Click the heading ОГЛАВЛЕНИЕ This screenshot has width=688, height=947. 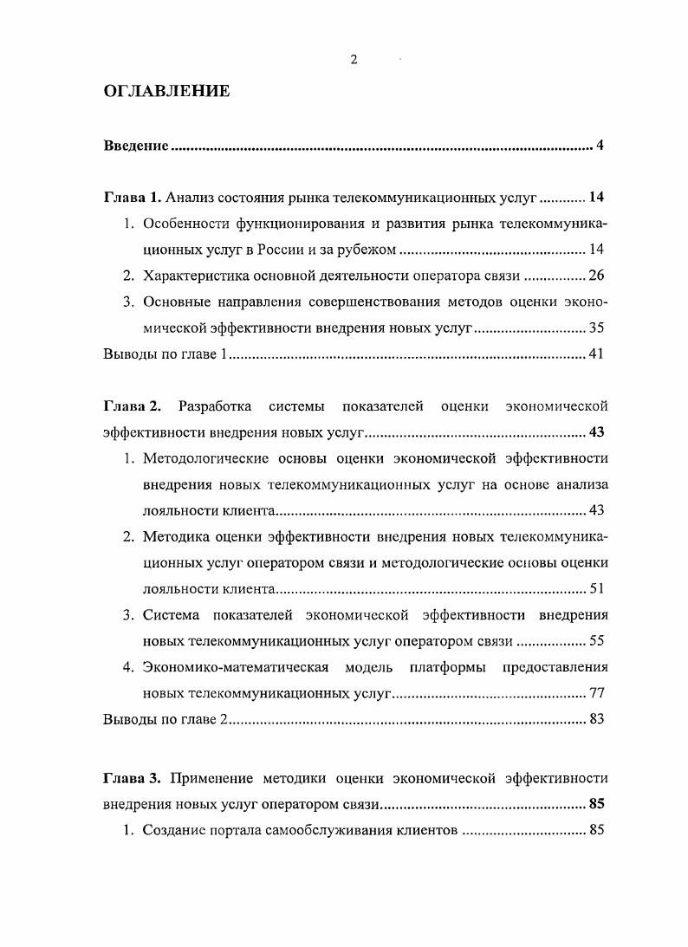[x=166, y=91]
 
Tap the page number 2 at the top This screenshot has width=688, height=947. [x=354, y=59]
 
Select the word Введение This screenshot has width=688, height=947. [x=136, y=145]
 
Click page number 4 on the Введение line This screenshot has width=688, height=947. [x=600, y=145]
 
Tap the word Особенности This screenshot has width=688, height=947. [x=185, y=224]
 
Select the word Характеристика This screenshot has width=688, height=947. [x=195, y=276]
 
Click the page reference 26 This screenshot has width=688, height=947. [x=595, y=276]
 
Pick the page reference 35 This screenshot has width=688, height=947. [x=595, y=328]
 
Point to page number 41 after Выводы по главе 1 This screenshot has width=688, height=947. [x=595, y=354]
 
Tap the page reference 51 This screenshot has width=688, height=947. [x=595, y=589]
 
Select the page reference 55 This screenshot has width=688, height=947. [x=595, y=641]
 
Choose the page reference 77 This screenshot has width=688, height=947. [x=595, y=693]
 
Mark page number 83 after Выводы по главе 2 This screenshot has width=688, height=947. [x=595, y=719]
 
